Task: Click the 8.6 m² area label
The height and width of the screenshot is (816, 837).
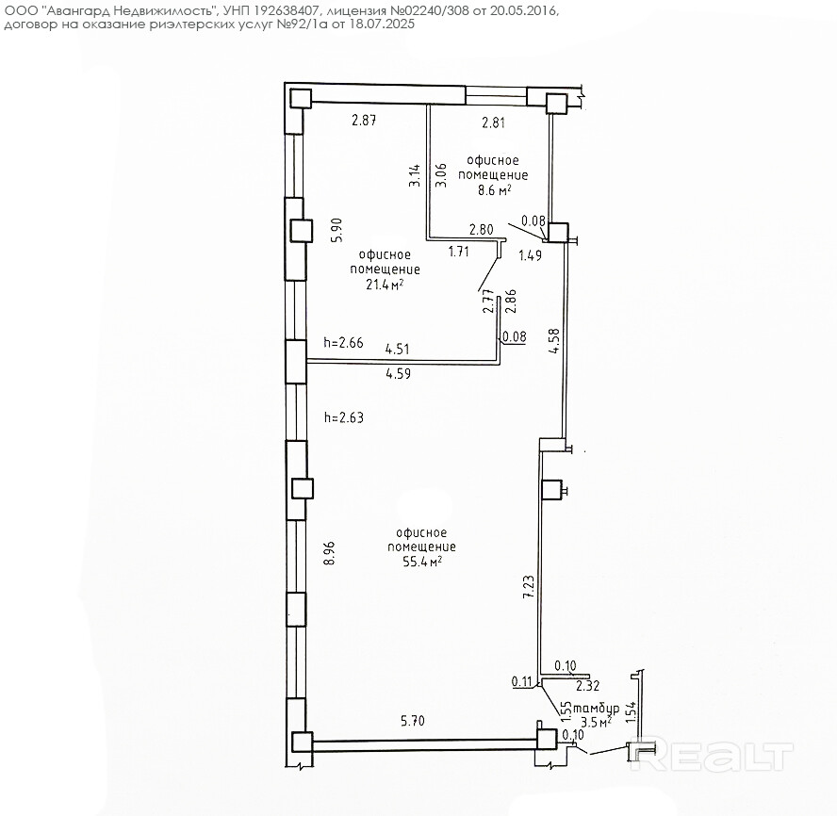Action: [x=495, y=189]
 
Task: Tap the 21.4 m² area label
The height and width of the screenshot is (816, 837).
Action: [x=385, y=284]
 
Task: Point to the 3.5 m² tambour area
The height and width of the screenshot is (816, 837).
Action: [x=595, y=721]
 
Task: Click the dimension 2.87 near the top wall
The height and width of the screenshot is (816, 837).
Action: [x=364, y=120]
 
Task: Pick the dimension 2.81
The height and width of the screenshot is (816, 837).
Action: [x=494, y=122]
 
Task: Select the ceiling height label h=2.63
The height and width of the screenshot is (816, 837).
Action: [x=343, y=417]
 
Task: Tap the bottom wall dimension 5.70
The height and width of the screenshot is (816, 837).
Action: [x=413, y=722]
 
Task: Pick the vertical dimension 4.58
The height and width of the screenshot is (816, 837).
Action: [x=554, y=341]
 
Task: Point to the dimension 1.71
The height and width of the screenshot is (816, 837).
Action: [x=459, y=252]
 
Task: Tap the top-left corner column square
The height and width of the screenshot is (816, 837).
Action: [x=300, y=98]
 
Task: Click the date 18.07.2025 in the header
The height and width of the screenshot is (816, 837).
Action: [x=381, y=24]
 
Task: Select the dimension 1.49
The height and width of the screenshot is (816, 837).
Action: [x=530, y=254]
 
